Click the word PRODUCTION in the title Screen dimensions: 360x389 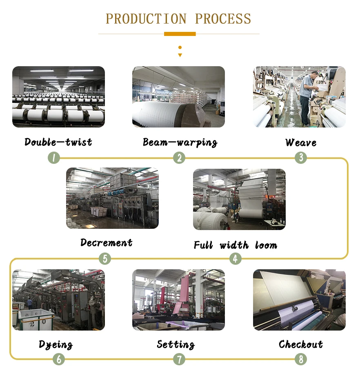[x=146, y=19]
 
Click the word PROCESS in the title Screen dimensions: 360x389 [x=223, y=19]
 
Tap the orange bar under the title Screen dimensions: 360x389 [x=180, y=34]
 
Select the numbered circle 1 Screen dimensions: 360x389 [x=53, y=158]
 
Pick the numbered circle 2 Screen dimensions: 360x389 [x=179, y=158]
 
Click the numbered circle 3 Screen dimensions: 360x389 [x=301, y=158]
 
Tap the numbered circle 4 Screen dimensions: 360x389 [x=235, y=259]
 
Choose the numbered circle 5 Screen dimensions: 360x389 [x=105, y=259]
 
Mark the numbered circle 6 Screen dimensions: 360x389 [x=59, y=359]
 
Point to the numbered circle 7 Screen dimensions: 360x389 [x=179, y=359]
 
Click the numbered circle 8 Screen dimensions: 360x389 [x=301, y=359]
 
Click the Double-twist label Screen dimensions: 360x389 [x=58, y=142]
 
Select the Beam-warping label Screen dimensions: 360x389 [x=180, y=142]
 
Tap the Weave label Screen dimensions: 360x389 [x=301, y=143]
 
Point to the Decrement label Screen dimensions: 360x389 [x=107, y=243]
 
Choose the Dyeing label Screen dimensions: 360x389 [x=56, y=344]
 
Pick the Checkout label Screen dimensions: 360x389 [x=301, y=344]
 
